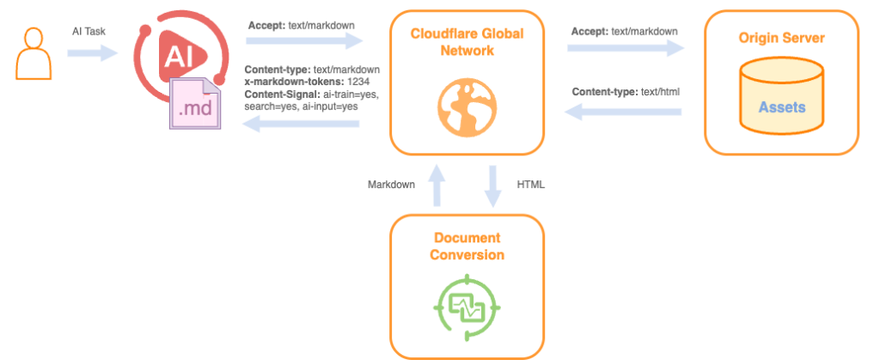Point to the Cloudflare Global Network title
467,42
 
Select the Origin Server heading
781,40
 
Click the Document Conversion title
467,247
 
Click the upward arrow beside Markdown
437,186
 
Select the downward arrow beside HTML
494,186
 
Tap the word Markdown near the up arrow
392,185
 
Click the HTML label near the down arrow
530,185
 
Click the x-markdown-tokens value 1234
355,82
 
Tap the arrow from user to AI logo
92,53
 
